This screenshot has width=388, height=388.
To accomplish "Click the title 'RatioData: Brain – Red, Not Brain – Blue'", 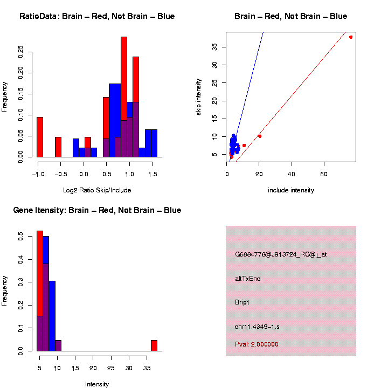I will point(97,16).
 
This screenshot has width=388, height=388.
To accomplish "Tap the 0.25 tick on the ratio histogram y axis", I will point(21,52).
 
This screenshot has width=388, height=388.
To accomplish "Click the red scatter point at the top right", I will point(351,37).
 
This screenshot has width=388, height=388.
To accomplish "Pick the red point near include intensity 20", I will point(260,136).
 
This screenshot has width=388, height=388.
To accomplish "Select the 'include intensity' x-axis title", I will point(291,190).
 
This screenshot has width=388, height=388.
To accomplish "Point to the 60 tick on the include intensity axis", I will point(324,174).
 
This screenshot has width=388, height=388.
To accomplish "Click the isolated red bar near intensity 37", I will point(154,345).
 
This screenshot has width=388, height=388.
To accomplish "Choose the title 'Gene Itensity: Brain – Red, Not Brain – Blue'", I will point(97,210).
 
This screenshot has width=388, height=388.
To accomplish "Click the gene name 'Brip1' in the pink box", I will point(242,302).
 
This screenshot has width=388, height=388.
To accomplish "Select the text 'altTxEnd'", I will point(248,279).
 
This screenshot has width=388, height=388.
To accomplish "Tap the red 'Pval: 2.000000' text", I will point(257,344).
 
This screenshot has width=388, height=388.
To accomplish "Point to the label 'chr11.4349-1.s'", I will point(257,327).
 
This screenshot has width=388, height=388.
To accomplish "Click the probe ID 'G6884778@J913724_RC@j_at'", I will point(280,254).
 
